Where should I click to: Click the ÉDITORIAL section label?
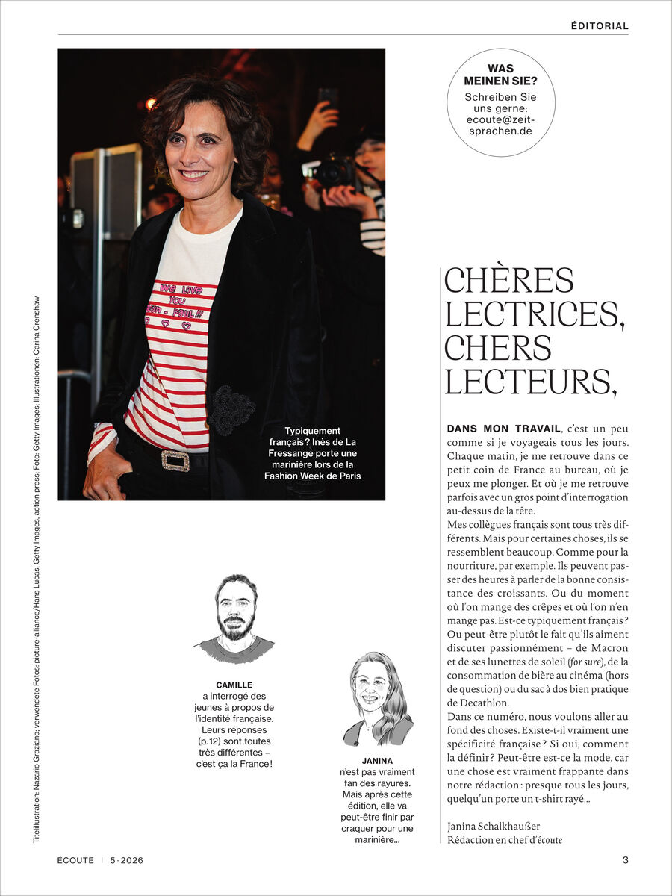[600, 26]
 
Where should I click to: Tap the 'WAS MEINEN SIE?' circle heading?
[500, 75]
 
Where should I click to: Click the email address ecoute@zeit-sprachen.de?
[500, 124]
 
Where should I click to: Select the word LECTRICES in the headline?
[534, 314]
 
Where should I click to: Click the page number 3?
[625, 860]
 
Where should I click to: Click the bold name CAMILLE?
[234, 685]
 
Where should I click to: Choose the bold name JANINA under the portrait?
[377, 761]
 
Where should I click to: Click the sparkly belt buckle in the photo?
[175, 461]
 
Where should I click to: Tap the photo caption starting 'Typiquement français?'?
[312, 452]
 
